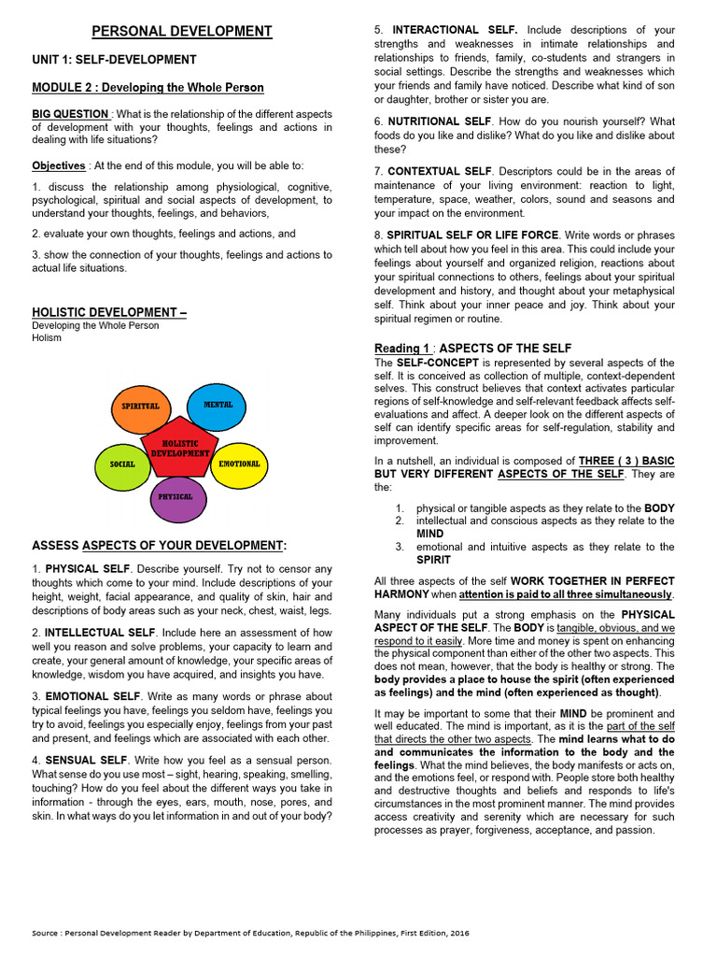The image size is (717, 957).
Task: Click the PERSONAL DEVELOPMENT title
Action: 182,32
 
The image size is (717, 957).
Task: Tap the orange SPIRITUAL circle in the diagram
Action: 141,407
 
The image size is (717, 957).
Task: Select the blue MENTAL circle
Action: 217,405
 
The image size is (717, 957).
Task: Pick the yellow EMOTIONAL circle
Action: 239,464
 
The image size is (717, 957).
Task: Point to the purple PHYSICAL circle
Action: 177,497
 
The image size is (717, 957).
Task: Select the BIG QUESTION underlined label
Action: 71,114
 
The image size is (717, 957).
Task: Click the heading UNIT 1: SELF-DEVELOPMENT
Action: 114,60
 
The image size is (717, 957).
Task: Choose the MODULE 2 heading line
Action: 148,88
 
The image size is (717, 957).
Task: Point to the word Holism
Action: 47,338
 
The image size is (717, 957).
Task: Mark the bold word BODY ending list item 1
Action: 659,508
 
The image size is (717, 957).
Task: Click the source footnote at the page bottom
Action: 250,934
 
